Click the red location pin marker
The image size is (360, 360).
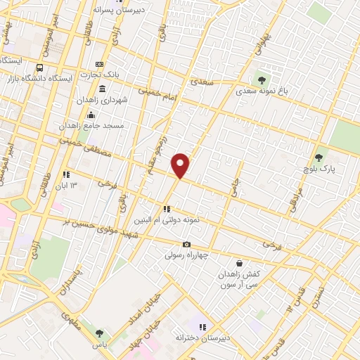pos(181,165)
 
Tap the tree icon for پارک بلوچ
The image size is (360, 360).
pos(320,157)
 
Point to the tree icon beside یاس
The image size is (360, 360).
pos(98,333)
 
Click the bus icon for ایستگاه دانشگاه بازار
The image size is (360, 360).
pos(39,68)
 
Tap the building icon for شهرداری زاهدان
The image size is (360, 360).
pos(103,89)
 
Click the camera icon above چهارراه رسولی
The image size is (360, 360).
pos(186,245)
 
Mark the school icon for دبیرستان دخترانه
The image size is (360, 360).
pos(202,327)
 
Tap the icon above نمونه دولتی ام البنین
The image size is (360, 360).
pos(167,209)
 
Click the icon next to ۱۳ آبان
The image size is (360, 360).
pos(66,174)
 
